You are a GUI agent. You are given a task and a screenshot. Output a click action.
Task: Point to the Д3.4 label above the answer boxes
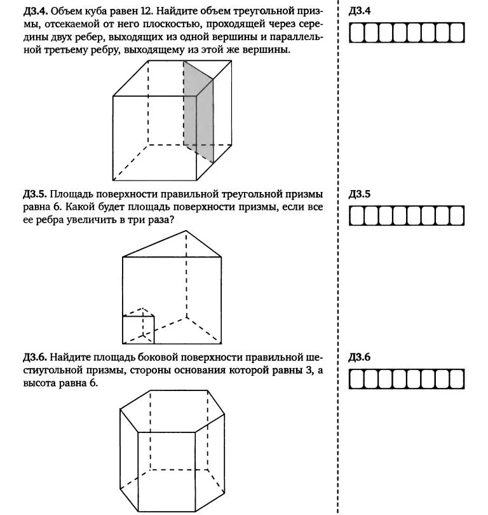tap(360, 11)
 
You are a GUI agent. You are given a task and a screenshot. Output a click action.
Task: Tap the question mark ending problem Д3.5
tap(173, 219)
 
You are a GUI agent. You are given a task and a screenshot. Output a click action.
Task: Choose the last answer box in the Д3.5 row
tap(457, 216)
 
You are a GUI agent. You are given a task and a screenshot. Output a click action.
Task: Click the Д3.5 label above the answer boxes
tap(360, 194)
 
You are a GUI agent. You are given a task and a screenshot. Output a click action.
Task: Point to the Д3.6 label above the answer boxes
tap(360, 357)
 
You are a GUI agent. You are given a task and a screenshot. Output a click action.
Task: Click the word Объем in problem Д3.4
tap(66, 11)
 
